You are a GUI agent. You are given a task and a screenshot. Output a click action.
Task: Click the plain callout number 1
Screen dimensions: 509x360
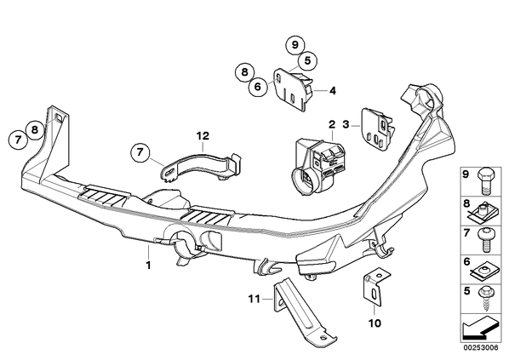click(148, 266)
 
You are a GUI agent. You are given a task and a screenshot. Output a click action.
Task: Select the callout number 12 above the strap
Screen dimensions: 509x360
click(203, 135)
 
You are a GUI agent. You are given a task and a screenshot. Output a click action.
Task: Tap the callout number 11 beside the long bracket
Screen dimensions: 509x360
click(254, 299)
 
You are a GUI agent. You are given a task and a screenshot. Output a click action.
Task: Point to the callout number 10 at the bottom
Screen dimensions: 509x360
click(375, 323)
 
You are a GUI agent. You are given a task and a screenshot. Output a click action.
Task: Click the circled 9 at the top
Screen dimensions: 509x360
click(295, 45)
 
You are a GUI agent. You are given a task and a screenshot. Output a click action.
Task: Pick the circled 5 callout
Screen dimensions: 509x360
click(307, 60)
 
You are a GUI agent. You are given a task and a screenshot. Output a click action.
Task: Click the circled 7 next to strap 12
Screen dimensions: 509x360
click(140, 152)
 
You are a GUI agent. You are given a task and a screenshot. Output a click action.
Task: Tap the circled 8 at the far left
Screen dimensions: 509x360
click(35, 129)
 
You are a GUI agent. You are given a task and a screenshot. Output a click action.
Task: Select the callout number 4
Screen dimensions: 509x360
click(333, 91)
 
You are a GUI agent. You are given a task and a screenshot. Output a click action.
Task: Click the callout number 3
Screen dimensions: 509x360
click(346, 124)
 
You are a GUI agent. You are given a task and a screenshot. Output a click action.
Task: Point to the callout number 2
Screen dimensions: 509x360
click(331, 124)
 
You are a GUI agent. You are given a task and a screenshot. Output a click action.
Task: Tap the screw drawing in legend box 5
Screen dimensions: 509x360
click(485, 298)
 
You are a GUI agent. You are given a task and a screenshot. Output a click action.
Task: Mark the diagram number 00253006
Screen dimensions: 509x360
click(481, 348)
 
